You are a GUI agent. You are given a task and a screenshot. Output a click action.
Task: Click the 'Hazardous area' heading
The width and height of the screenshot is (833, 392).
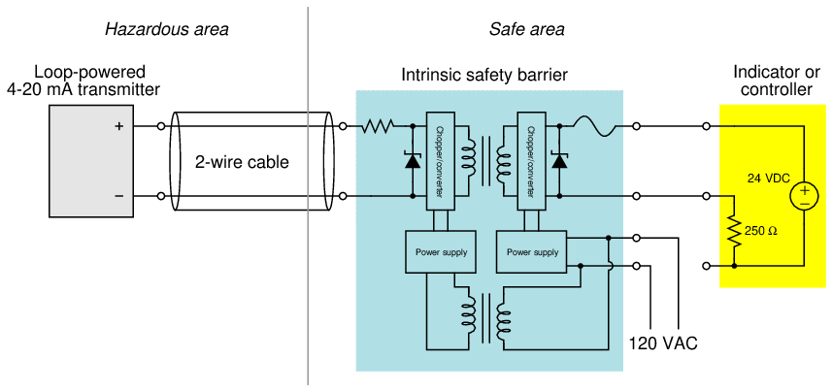pyautogui.click(x=167, y=29)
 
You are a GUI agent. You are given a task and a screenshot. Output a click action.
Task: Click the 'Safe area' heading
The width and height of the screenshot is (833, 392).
pyautogui.click(x=526, y=29)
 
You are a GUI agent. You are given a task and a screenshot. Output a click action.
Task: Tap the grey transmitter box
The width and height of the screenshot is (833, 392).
pyautogui.click(x=93, y=161)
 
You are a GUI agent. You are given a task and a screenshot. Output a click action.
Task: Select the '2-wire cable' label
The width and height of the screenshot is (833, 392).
pyautogui.click(x=243, y=162)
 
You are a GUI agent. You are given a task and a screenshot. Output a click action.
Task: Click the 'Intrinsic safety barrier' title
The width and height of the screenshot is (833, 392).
pyautogui.click(x=484, y=75)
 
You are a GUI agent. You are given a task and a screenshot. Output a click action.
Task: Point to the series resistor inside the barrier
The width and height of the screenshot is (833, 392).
pyautogui.click(x=378, y=126)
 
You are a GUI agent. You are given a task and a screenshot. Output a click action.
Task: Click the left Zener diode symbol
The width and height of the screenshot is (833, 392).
pyautogui.click(x=413, y=161)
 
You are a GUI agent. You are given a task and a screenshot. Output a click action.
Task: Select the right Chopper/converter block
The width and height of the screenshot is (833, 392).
pyautogui.click(x=531, y=160)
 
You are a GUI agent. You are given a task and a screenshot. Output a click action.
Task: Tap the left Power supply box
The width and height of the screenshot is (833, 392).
pyautogui.click(x=441, y=252)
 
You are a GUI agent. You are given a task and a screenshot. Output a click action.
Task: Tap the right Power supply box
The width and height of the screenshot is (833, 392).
pyautogui.click(x=533, y=252)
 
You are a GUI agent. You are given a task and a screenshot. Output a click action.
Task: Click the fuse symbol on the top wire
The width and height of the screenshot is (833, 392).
pyautogui.click(x=591, y=125)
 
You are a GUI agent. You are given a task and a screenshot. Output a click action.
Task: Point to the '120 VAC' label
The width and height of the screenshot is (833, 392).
pyautogui.click(x=663, y=343)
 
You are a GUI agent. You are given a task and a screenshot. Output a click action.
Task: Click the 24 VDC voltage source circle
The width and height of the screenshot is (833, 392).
pyautogui.click(x=804, y=196)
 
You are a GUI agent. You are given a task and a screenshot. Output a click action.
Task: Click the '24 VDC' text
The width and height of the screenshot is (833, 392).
pyautogui.click(x=768, y=179)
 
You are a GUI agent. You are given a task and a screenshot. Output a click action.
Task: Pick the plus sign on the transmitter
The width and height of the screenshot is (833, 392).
pyautogui.click(x=119, y=126)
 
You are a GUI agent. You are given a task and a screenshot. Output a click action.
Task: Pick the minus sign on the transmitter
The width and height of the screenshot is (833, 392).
pyautogui.click(x=119, y=196)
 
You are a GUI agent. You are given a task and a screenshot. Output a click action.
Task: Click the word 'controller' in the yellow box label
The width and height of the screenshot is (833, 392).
pyautogui.click(x=776, y=90)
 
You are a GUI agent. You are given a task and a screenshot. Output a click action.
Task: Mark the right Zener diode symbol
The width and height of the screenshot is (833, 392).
pyautogui.click(x=558, y=161)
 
